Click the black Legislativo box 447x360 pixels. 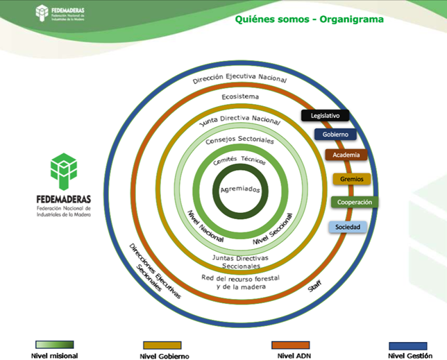325,115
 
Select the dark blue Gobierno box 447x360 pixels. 335,134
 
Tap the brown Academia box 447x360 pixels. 346,155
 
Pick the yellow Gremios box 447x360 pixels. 352,179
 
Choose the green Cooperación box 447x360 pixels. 355,202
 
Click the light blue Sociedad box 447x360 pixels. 348,227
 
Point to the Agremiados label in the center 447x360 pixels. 240,189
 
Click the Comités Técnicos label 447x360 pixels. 239,160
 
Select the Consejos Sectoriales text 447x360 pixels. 239,140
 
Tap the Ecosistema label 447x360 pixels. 240,97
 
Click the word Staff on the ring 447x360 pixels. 315,286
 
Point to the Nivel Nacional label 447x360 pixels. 205,226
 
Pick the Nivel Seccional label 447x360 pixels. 273,229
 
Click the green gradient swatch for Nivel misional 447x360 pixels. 55,345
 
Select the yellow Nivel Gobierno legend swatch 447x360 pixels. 162,345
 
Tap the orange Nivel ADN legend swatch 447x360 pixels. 291,345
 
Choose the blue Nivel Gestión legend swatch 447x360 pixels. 408,345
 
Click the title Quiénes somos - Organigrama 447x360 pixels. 310,19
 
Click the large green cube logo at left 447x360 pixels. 64,171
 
